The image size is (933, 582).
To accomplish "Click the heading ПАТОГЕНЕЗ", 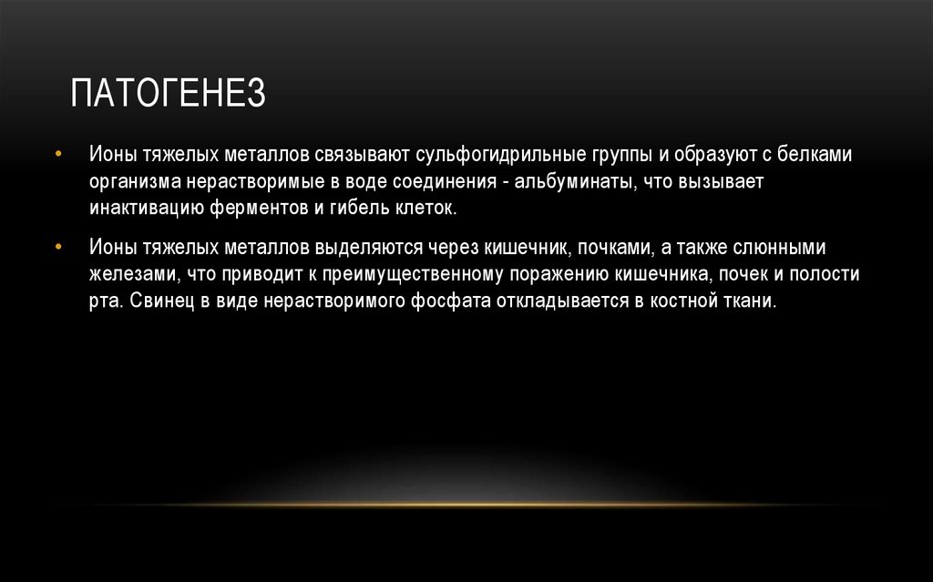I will [169, 95].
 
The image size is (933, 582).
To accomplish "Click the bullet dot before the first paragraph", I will [59, 156].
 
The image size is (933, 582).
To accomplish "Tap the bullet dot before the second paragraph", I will [59, 249].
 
